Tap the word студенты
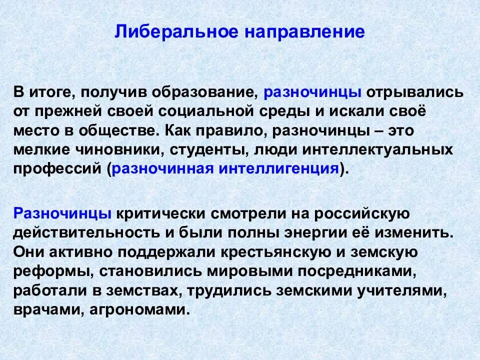tap(210, 149)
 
